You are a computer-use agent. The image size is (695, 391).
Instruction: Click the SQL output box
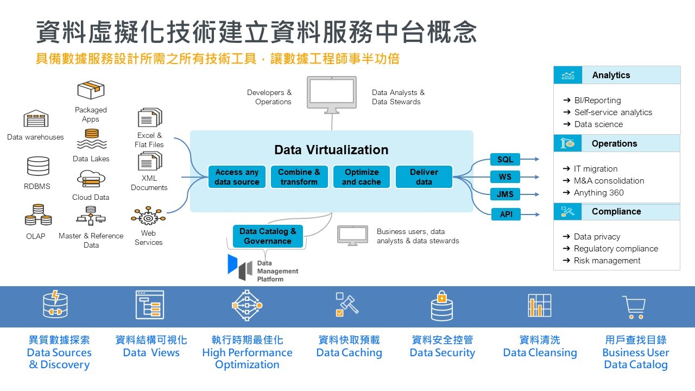[505, 160]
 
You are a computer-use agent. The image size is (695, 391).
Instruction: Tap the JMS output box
[505, 194]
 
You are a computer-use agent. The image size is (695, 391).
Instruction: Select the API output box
[506, 215]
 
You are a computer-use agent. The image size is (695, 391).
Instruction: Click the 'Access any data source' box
[237, 177]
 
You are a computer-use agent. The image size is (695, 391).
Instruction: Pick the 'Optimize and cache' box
[362, 177]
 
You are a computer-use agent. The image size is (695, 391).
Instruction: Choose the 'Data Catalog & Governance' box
[268, 236]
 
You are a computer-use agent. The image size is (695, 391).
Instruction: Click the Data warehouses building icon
[36, 119]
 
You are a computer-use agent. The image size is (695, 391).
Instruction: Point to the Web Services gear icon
[148, 217]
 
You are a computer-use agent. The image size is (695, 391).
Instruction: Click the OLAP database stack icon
[38, 215]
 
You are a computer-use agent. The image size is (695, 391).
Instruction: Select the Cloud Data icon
[91, 179]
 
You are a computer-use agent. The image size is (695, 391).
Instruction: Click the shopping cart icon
[634, 307]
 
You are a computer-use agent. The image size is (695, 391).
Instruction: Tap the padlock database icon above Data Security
[441, 305]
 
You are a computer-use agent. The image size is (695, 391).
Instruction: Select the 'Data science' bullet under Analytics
[598, 124]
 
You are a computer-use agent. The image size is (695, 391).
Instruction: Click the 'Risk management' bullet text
[607, 261]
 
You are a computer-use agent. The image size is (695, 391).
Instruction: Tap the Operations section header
[614, 144]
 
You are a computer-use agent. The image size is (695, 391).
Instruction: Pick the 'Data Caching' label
[349, 353]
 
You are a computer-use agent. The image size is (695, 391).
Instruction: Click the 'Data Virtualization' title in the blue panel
[331, 150]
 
